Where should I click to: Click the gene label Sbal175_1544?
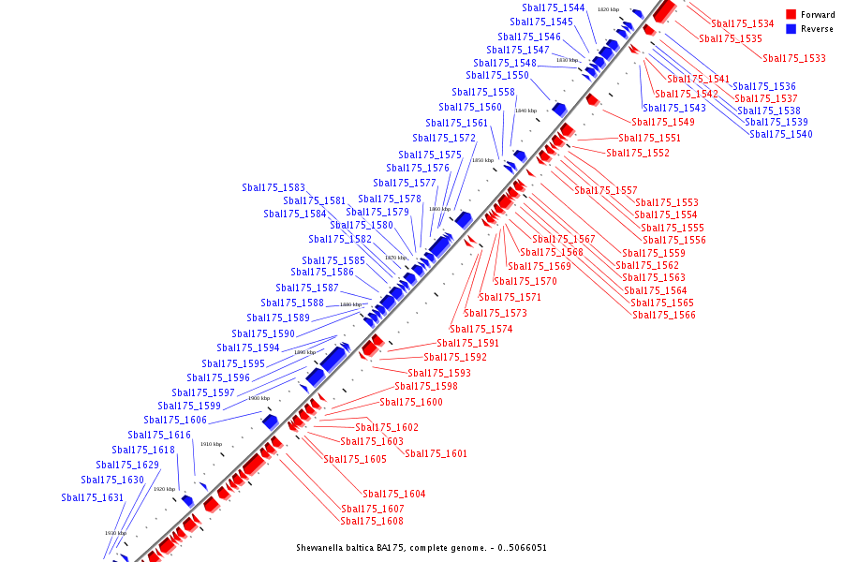coord(554,7)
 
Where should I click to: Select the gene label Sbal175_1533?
coord(794,58)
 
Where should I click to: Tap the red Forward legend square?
coord(791,15)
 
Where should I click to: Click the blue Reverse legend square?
coord(791,29)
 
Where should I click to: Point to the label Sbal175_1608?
coord(372,521)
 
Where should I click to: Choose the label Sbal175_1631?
coord(93,497)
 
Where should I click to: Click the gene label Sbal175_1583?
coord(274,187)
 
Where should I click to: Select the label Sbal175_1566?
coord(664,315)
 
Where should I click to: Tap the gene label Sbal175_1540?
coord(781,134)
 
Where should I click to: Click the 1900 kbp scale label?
coord(259,398)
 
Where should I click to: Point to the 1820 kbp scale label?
coord(608,9)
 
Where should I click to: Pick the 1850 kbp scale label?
coord(482,160)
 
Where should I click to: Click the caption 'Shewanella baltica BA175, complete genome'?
coord(421,548)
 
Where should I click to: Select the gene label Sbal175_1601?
coord(436,453)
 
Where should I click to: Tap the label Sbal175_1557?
coord(606,190)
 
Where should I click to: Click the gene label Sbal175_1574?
coord(481,329)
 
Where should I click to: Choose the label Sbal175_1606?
coord(175,420)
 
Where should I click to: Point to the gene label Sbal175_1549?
coord(663,122)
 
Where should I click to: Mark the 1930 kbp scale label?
coord(116,533)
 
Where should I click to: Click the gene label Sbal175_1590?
coord(263,333)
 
